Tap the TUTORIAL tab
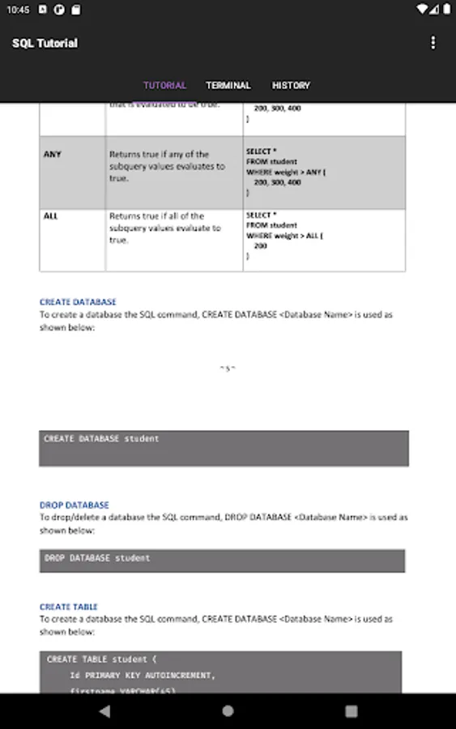click(x=164, y=85)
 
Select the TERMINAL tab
click(x=228, y=85)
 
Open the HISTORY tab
click(x=291, y=85)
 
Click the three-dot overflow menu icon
click(x=433, y=43)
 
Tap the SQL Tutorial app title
click(x=45, y=43)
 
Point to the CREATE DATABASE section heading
click(x=78, y=302)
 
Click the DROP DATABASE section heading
click(x=74, y=505)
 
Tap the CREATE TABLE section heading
click(x=69, y=607)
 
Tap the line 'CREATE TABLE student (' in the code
click(x=102, y=659)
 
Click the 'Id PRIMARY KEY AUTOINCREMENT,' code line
click(x=143, y=675)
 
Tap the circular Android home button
click(x=228, y=711)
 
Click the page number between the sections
click(x=227, y=369)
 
